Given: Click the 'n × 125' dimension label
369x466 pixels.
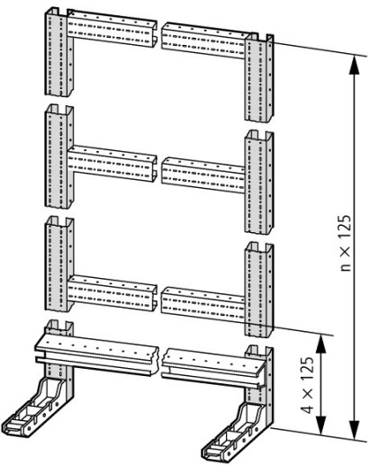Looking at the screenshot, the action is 346,243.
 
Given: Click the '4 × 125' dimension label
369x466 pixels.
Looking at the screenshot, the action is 308,385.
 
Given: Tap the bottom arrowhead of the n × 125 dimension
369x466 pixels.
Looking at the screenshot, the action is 355,431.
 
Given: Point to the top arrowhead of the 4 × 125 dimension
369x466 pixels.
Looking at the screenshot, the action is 320,345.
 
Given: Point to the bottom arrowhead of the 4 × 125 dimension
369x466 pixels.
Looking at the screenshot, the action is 320,425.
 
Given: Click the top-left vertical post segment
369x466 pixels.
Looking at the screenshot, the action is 58,52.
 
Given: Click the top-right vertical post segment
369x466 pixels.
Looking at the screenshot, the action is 259,77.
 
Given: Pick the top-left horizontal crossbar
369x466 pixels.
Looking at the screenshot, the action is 112,29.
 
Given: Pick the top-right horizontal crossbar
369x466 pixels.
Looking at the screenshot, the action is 203,40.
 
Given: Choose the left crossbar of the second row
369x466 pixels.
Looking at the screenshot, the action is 112,164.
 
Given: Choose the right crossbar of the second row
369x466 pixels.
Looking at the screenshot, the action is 203,175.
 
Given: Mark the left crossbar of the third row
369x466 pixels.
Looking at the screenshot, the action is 112,292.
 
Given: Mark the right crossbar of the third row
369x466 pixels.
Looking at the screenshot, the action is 203,304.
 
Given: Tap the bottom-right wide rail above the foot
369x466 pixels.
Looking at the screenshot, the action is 214,368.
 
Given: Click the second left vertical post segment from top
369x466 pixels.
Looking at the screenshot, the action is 58,157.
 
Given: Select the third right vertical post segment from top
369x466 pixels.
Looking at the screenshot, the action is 259,290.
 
